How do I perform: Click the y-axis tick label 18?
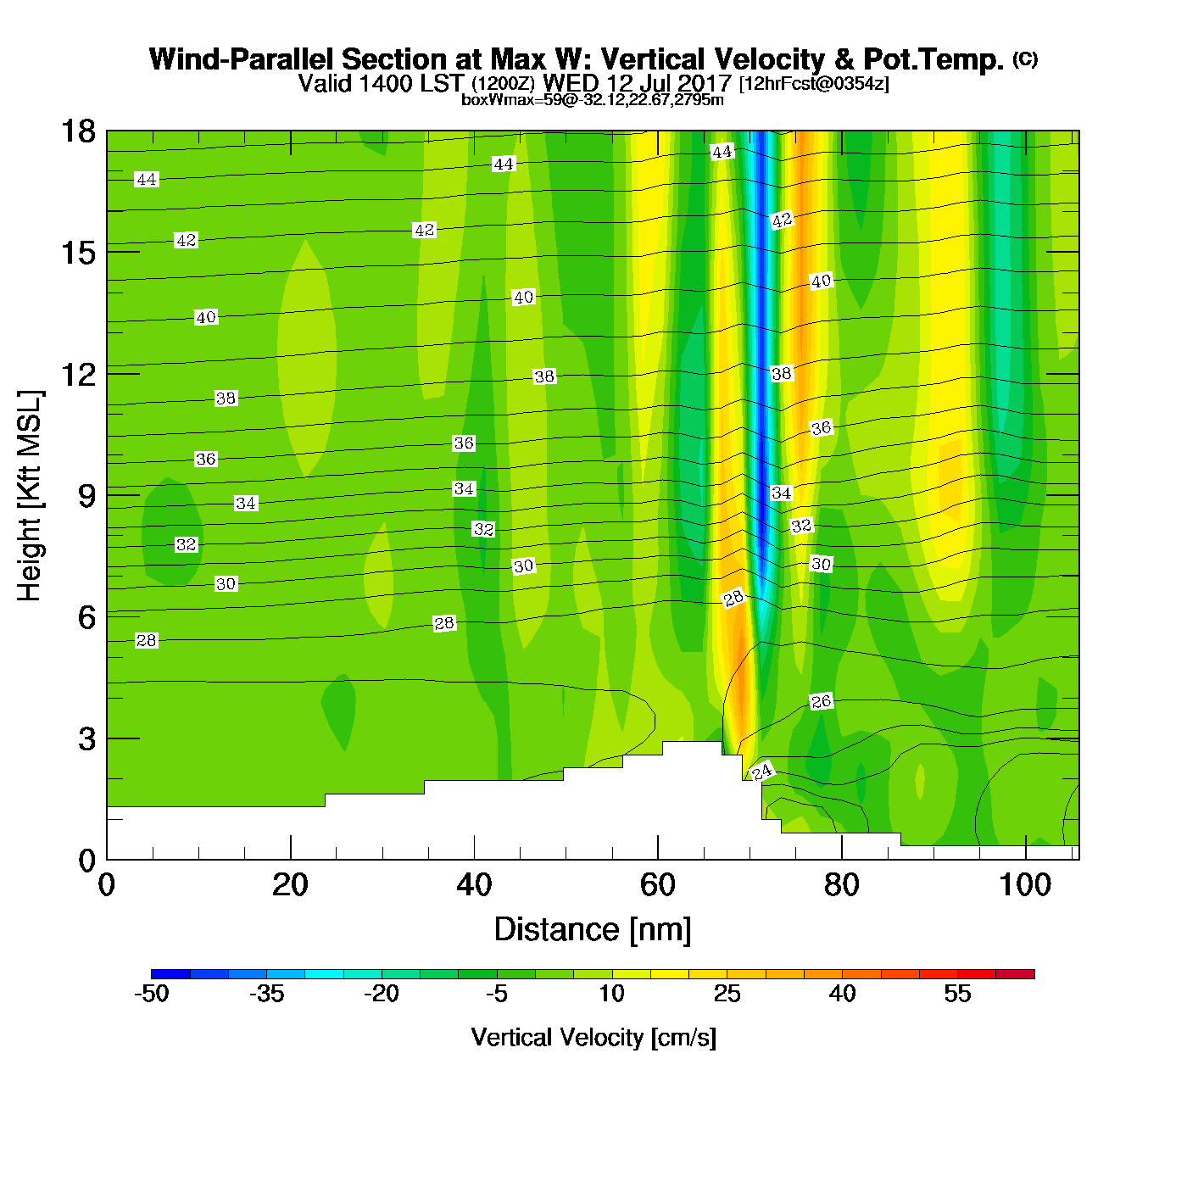77,131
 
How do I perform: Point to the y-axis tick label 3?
87,739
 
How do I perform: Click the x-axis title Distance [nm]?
593,930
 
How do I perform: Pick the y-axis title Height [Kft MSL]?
30,496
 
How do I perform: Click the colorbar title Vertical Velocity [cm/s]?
593,1038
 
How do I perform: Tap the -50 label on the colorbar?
152,994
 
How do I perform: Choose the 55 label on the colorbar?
957,994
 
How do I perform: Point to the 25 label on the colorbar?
727,994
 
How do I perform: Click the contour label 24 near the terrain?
762,772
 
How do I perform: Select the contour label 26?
821,701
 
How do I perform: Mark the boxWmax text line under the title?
593,100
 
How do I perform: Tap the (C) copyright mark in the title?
1025,59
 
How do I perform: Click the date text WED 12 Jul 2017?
637,83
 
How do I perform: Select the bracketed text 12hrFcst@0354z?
814,84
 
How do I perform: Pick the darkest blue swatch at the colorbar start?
170,974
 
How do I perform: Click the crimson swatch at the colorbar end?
1015,974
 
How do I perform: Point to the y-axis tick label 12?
77,374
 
